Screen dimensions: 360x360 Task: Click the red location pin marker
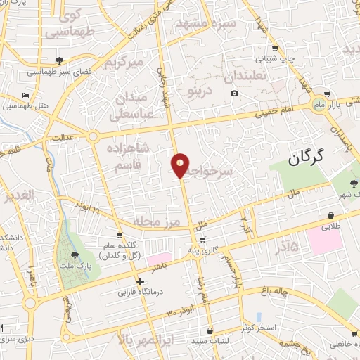coord(181,165)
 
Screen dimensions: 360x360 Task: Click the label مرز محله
coord(157,222)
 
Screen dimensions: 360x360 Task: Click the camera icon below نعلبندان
coord(234,94)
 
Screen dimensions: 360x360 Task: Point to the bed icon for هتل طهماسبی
coord(26,95)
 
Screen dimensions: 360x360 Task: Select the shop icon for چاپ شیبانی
coord(276,49)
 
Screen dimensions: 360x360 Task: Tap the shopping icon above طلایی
coord(330,215)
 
